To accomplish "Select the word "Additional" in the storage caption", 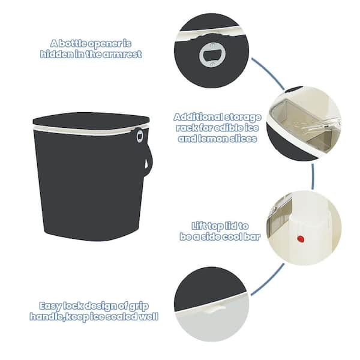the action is coord(198,117).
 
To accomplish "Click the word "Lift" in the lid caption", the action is coord(201,226).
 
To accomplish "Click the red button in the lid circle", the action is coord(301,239).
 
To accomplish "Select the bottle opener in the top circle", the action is coord(212,55).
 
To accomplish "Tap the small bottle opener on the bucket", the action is coord(140,136).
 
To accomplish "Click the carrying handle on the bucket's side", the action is coord(148,160).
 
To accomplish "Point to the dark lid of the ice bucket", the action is coord(91,121).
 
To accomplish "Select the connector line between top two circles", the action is coord(268,73).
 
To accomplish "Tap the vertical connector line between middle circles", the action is coord(313,176).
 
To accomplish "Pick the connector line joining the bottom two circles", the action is coord(268,280).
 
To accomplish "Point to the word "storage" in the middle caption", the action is coord(243,118).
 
